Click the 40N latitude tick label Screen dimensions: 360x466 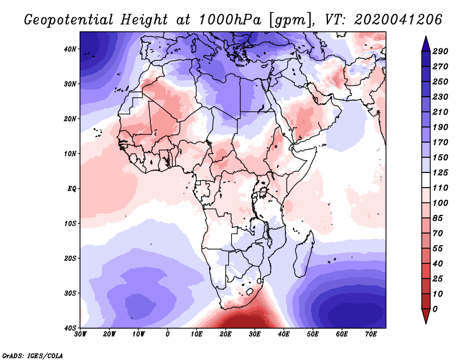(x=70, y=49)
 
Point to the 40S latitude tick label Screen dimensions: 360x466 (x=70, y=327)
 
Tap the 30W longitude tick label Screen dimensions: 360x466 (x=80, y=334)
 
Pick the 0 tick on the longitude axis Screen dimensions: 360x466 (x=168, y=334)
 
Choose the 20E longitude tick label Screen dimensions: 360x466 (x=225, y=334)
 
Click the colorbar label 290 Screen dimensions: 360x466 (x=440, y=51)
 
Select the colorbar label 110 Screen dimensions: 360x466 (x=440, y=188)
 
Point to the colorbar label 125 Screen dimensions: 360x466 (x=440, y=174)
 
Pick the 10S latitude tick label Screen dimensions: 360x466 (x=70, y=223)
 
